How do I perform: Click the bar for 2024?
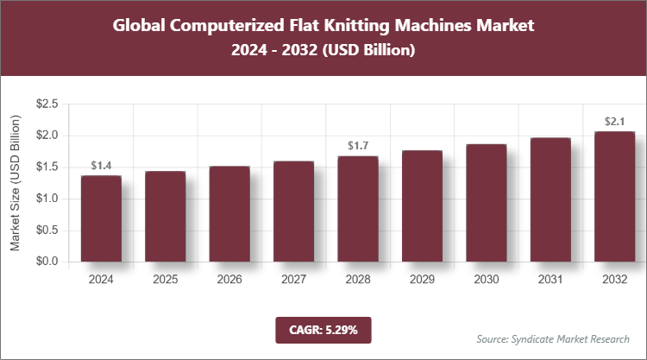(101, 218)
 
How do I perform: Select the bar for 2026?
(229, 214)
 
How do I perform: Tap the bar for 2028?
(357, 209)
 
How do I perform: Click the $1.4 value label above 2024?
(101, 166)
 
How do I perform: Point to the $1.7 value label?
(357, 146)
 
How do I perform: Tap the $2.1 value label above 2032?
(614, 122)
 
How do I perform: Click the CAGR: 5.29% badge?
(323, 329)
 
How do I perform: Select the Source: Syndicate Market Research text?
(553, 338)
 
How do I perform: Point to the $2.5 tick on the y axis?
(47, 104)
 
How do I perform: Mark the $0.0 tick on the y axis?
(47, 262)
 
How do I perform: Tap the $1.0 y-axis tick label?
(47, 199)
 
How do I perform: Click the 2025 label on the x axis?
(165, 280)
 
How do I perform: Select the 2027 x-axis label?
(293, 280)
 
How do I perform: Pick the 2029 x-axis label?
(422, 280)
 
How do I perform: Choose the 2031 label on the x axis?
(550, 280)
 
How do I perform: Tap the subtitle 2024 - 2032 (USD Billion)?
(323, 51)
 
